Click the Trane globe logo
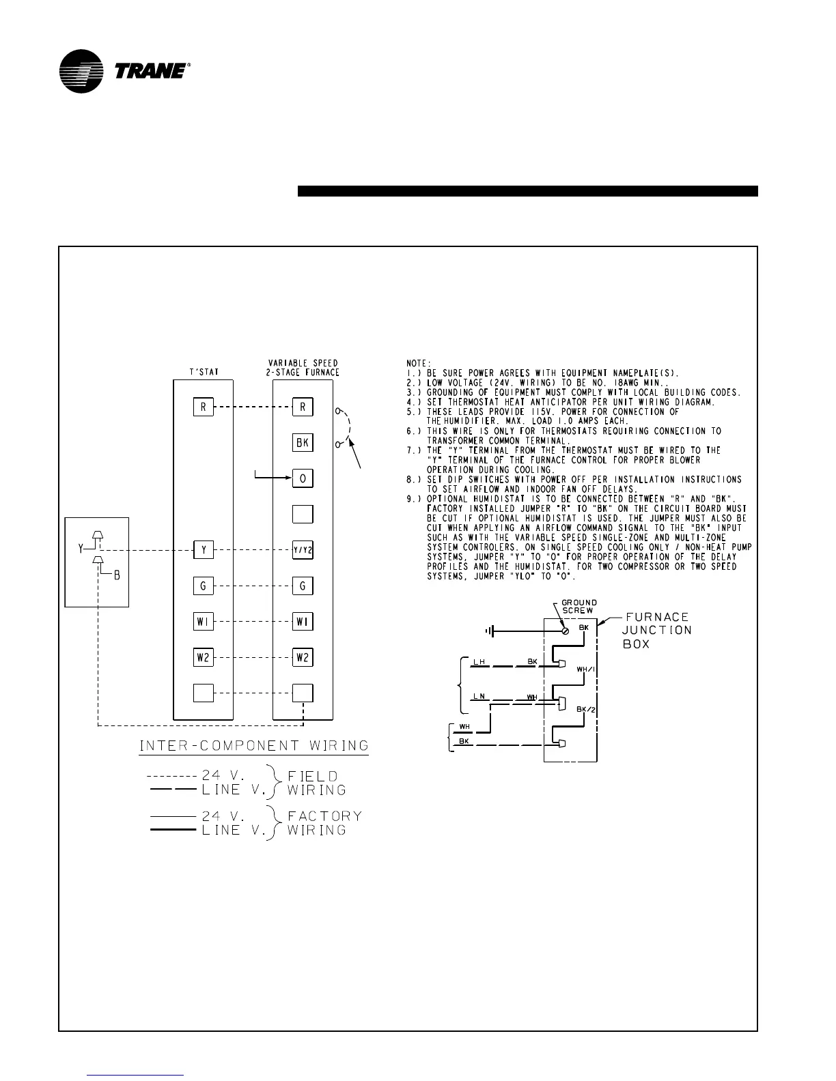click(81, 71)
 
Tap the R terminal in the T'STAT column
click(203, 407)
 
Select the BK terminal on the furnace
click(303, 443)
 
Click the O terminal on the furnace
click(303, 478)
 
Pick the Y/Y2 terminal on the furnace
click(303, 550)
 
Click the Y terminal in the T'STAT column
click(203, 550)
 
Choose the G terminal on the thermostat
click(203, 586)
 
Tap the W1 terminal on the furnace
click(303, 622)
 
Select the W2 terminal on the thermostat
click(203, 658)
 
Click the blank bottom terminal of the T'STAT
click(203, 693)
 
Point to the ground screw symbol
click(565, 631)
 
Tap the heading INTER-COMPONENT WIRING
click(254, 745)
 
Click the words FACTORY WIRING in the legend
click(324, 822)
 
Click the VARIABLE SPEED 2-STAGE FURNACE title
click(303, 367)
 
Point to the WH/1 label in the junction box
click(586, 669)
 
